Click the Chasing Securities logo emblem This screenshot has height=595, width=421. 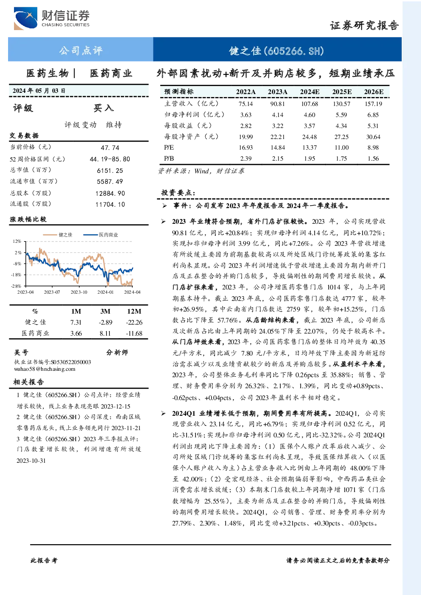click(25, 18)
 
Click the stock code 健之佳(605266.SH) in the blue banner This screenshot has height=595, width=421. click(276, 50)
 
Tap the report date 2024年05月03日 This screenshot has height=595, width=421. click(39, 91)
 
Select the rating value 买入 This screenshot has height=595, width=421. click(103, 108)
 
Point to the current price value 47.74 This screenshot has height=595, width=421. click(110, 147)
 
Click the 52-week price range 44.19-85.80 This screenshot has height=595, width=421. click(110, 159)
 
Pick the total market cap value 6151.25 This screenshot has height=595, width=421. click(110, 170)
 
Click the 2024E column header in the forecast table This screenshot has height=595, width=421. click(309, 92)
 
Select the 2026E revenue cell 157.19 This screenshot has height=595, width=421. click(374, 104)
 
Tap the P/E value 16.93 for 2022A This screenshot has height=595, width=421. click(246, 147)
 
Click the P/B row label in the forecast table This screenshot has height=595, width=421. click(169, 158)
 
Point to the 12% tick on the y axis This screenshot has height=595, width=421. click(17, 241)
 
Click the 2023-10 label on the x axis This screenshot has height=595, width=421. click(79, 292)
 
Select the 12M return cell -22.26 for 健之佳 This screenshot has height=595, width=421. click(134, 322)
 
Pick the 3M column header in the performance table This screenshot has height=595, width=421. click(105, 311)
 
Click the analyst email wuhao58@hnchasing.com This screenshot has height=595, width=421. click(45, 369)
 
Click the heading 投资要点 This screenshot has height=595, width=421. click(178, 192)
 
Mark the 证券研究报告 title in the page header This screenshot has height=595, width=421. click(364, 25)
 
